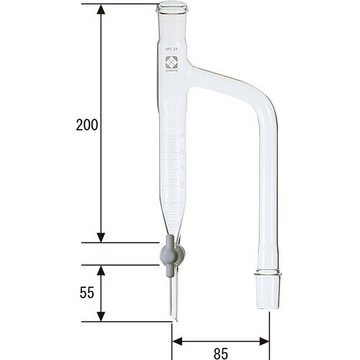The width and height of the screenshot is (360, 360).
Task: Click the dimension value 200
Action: [86, 124]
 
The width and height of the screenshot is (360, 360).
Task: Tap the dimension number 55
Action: [86, 293]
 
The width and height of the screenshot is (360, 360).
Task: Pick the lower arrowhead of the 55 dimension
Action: [101, 316]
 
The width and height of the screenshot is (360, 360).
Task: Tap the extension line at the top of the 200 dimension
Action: [126, 4]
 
